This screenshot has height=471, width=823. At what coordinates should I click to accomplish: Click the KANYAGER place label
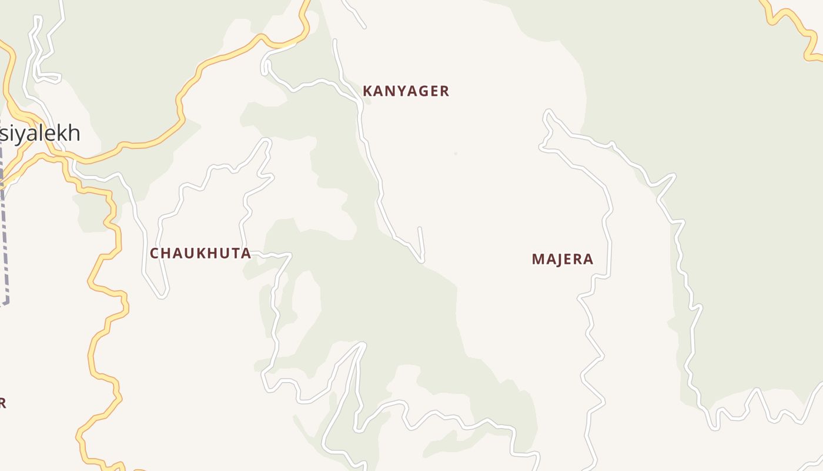point(406,91)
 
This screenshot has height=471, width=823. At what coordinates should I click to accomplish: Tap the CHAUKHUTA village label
point(200,254)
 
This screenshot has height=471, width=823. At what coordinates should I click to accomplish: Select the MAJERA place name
point(563,259)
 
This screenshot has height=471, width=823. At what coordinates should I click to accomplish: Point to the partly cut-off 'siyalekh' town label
point(39,134)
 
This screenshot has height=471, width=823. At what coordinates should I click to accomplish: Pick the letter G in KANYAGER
point(423,91)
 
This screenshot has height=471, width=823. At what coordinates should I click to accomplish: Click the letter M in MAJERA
point(537,259)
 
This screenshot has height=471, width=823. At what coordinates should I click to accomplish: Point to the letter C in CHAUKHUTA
point(155,254)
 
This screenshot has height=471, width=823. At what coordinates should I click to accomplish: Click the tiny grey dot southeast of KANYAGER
point(456,154)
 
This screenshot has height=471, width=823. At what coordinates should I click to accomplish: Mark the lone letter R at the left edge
point(2,403)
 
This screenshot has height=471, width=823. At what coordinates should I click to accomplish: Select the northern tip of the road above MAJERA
point(548,111)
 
